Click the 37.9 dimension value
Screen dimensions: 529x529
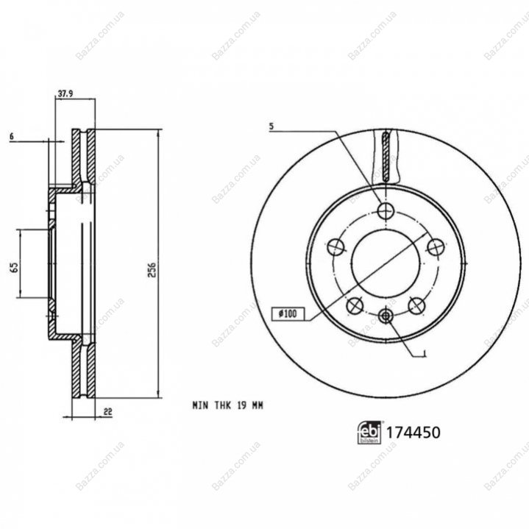coord(65,93)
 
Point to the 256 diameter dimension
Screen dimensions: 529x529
coord(152,269)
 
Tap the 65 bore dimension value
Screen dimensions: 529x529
coord(14,268)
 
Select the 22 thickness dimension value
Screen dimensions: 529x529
coord(108,411)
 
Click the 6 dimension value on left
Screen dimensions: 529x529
coord(12,137)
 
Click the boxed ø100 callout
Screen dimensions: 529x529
coord(288,313)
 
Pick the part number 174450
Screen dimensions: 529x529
coord(413,433)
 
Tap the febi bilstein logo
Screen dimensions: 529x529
coord(369,433)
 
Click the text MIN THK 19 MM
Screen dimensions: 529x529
coord(228,405)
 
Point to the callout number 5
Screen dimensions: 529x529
coord(271,127)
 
